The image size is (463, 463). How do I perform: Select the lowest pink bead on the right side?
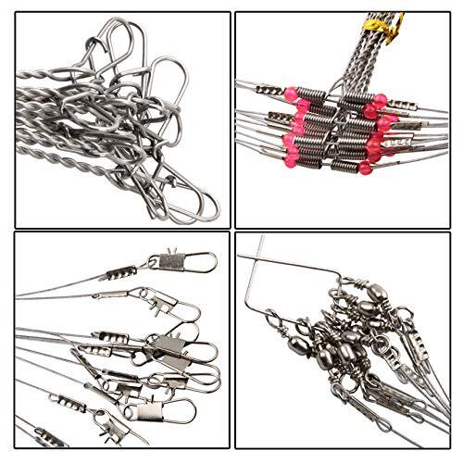369,163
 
